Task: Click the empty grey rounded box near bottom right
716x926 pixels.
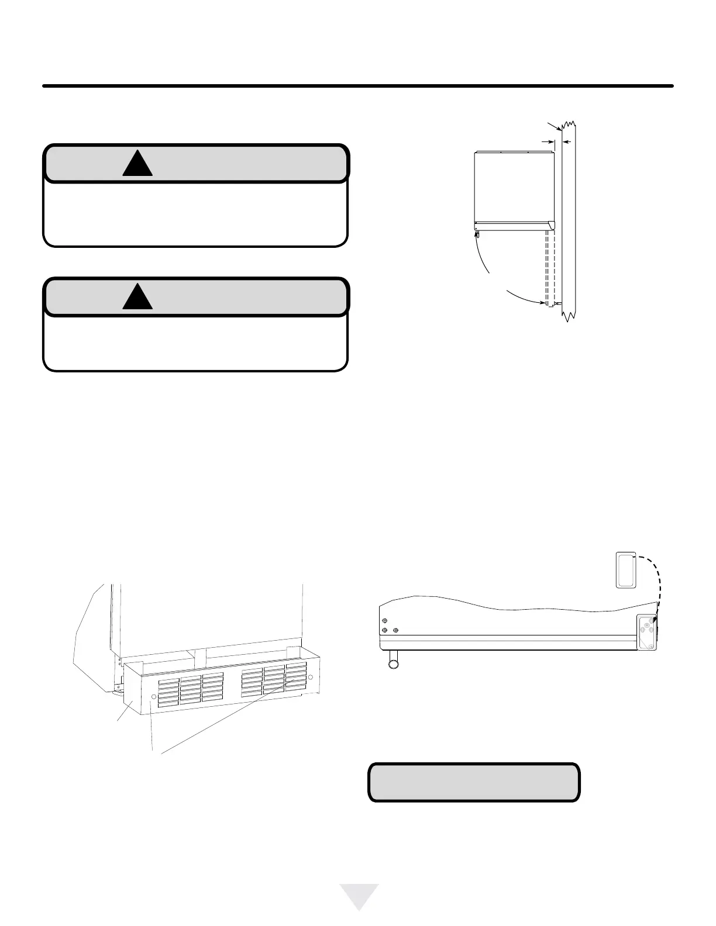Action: pos(474,782)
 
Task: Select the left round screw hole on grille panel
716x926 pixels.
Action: pos(154,697)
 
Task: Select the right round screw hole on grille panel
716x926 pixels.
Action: pos(311,678)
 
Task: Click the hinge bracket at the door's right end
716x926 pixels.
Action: pos(647,632)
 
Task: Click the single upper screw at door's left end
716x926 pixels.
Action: pos(384,621)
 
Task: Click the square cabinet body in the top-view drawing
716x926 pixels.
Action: pos(513,186)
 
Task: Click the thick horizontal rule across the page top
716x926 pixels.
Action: pos(358,86)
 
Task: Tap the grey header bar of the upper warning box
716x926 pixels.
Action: pos(234,164)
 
